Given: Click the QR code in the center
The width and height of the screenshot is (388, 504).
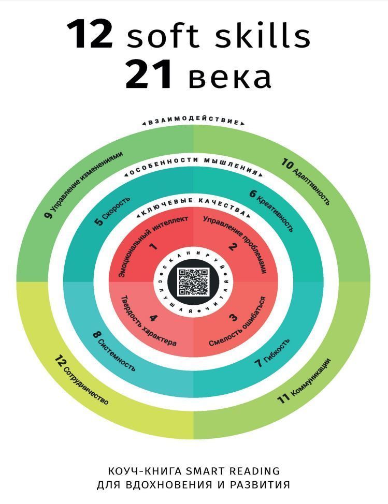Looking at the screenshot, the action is click(x=194, y=282).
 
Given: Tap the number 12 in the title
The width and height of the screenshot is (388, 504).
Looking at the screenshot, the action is click(x=90, y=34).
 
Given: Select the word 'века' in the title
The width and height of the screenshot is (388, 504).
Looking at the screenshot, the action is click(x=229, y=78).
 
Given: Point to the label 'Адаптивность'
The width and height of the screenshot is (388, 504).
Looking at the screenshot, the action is click(x=311, y=186).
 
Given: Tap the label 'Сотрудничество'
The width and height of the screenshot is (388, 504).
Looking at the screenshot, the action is click(x=86, y=384).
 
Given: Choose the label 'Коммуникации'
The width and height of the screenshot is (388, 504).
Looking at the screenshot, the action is click(x=310, y=378).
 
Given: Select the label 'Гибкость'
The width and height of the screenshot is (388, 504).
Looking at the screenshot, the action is click(x=276, y=350).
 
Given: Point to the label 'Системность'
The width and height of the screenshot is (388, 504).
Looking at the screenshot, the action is click(x=117, y=355).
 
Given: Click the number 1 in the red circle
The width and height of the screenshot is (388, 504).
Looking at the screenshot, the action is click(x=154, y=246).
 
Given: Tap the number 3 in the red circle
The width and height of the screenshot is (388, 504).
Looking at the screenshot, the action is click(x=233, y=318).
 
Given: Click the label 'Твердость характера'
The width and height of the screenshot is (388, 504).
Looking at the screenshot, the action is click(x=148, y=321).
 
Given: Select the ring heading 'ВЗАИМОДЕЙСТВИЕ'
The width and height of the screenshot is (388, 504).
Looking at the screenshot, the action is click(x=194, y=120).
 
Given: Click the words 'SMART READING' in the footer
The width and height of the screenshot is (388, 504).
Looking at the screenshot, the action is click(x=233, y=471).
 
